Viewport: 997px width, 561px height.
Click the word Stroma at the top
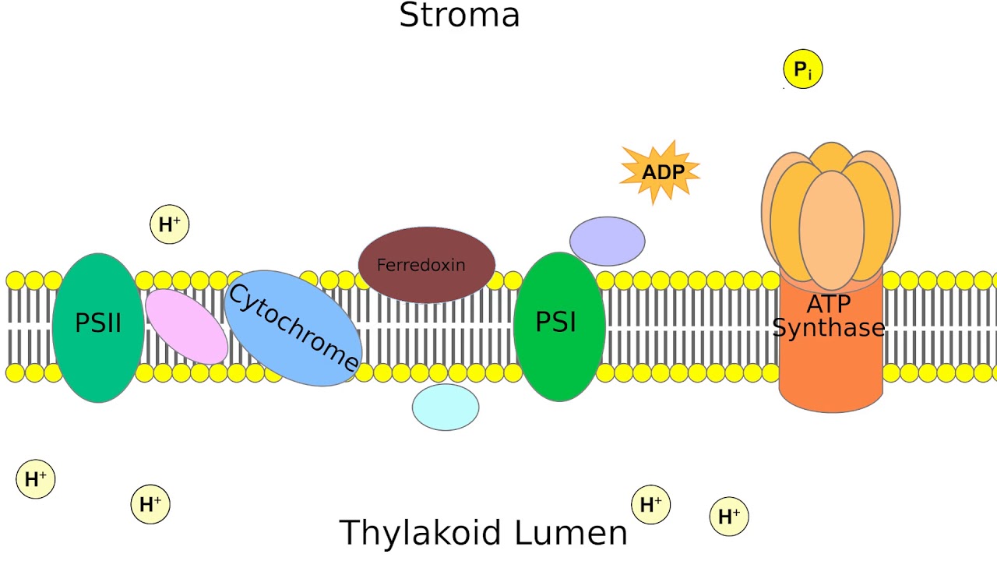click(459, 16)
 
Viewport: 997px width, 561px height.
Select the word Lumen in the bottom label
click(580, 533)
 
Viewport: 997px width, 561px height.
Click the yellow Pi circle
click(802, 70)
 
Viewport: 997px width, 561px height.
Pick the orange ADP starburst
click(661, 172)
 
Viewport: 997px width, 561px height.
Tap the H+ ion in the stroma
click(169, 225)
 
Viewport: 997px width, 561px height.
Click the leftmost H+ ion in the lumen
click(36, 479)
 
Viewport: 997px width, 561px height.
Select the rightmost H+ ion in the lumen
click(729, 517)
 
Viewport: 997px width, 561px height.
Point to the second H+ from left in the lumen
click(150, 504)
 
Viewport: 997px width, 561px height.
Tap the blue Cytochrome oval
click(293, 328)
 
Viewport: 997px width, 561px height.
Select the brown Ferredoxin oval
click(426, 265)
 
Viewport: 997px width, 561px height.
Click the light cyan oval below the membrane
click(446, 407)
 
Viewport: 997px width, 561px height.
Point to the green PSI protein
click(559, 326)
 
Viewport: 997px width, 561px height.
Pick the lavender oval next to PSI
click(607, 241)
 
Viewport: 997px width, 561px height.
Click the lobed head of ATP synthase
click(831, 214)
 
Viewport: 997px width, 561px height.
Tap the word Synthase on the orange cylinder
click(829, 329)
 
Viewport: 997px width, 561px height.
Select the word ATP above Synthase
click(829, 305)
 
